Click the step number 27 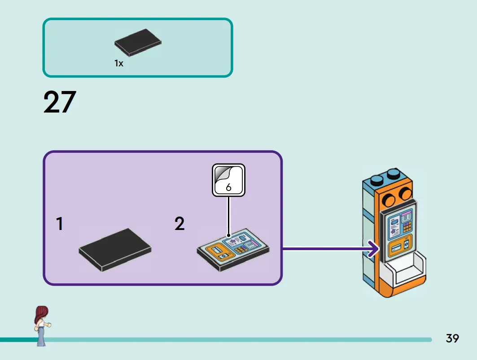coord(60,102)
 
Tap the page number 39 coord(452,338)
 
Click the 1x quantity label coord(118,63)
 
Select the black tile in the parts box coord(138,43)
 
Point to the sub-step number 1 coord(60,224)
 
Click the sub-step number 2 coord(179,223)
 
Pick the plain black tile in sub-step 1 coord(115,250)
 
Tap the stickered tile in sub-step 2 coord(233,250)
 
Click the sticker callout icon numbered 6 coord(228,180)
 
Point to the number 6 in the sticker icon coord(228,187)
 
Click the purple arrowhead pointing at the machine coord(374,249)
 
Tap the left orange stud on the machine coord(389,199)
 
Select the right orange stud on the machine coord(405,193)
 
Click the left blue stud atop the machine coord(377,179)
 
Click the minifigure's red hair coord(41,315)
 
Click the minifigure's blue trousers coord(41,337)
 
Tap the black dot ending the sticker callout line coord(228,236)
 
